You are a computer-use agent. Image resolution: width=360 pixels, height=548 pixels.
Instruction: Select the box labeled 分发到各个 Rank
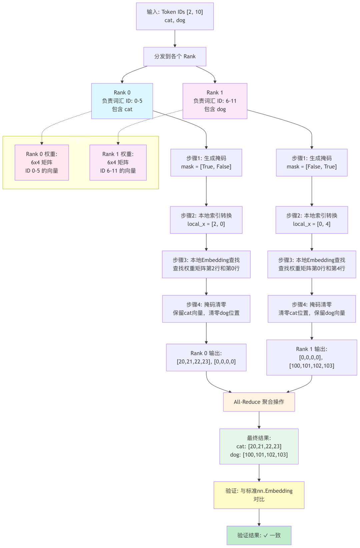click(175, 56)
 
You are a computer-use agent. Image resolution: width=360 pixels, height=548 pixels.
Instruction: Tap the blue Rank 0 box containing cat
click(122, 101)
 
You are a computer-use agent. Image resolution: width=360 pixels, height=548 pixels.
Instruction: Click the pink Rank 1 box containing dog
click(215, 101)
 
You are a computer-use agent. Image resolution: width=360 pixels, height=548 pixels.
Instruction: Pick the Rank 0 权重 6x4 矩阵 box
click(42, 162)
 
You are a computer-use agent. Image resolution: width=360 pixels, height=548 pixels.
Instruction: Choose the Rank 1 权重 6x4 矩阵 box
click(118, 162)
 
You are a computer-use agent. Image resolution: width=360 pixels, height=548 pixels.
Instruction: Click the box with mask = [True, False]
click(206, 162)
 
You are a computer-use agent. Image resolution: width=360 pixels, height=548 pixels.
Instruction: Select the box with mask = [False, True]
click(312, 162)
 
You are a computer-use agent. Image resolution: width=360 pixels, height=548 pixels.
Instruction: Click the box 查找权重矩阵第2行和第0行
click(206, 264)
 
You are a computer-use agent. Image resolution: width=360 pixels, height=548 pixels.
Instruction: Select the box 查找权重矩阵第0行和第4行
click(312, 264)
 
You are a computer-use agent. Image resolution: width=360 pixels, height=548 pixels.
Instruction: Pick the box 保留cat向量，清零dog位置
click(206, 309)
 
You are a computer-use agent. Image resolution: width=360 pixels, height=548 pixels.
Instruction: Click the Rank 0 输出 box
click(206, 357)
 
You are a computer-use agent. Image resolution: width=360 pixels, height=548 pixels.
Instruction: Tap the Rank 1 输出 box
click(312, 357)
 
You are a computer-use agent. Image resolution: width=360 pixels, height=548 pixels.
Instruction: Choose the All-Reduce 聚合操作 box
click(259, 402)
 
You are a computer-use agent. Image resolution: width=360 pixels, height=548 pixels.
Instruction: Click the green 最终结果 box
click(259, 446)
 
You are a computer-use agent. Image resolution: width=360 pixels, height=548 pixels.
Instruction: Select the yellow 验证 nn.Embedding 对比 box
click(259, 495)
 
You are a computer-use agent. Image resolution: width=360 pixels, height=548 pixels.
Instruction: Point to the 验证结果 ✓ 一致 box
click(259, 535)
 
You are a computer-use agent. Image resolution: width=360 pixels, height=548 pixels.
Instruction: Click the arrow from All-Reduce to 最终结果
click(259, 420)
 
